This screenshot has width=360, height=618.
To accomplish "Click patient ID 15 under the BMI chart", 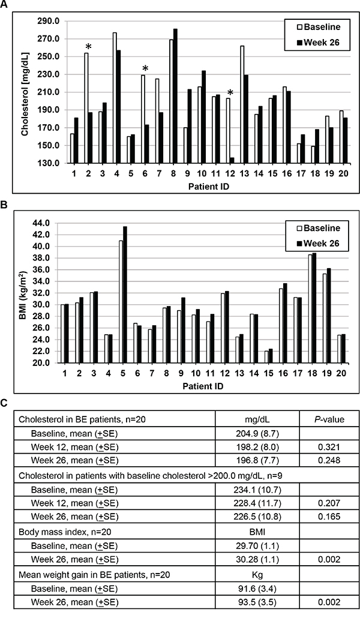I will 269,373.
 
